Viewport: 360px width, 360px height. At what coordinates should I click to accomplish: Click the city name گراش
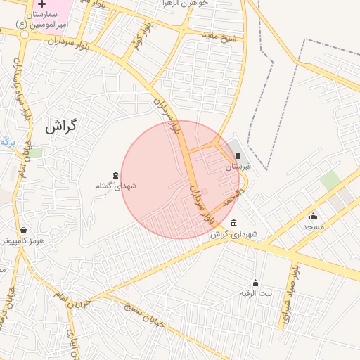coord(60,127)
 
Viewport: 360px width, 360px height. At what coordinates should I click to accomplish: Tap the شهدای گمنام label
coord(115,186)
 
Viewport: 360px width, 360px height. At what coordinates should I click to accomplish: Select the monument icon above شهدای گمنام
coord(115,175)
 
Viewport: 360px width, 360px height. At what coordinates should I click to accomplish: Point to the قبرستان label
coord(237,167)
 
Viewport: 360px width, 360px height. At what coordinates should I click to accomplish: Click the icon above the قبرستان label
coord(238,156)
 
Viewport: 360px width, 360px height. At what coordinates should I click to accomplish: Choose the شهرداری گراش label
coord(234,233)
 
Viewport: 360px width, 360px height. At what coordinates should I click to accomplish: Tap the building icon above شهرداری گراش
coord(233,223)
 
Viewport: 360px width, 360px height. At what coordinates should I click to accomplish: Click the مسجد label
coord(314,226)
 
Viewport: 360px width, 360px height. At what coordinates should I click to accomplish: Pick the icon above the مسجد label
coord(313,216)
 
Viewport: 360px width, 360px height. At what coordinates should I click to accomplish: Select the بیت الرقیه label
coord(255,292)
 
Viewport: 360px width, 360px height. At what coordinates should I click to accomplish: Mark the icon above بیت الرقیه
coord(255,283)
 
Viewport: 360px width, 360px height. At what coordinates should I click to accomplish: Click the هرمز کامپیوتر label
coord(23,240)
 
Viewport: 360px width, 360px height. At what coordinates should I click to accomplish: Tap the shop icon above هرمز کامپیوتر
coord(23,230)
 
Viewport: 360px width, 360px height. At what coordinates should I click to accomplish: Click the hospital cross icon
coord(41,4)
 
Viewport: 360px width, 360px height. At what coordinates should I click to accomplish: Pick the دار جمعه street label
coord(233,196)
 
